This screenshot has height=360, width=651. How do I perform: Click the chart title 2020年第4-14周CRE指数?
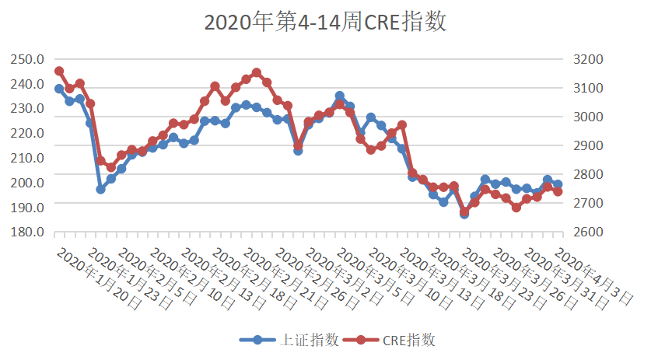tap(325, 22)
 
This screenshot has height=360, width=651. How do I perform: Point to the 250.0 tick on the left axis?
tap(26, 59)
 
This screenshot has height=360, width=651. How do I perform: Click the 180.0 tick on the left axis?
tap(26, 232)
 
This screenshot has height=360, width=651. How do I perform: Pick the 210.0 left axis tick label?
tap(26, 158)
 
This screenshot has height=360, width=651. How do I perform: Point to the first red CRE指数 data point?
tap(59, 71)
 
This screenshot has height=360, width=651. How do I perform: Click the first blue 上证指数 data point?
tap(59, 89)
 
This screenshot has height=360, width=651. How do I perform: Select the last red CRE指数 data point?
tap(558, 191)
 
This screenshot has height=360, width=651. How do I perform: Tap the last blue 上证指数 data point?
tap(558, 184)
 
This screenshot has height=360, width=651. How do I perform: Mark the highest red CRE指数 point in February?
tap(257, 72)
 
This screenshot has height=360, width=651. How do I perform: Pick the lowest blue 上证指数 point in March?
tap(464, 214)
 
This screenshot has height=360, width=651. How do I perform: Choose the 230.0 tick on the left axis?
tap(26, 108)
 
